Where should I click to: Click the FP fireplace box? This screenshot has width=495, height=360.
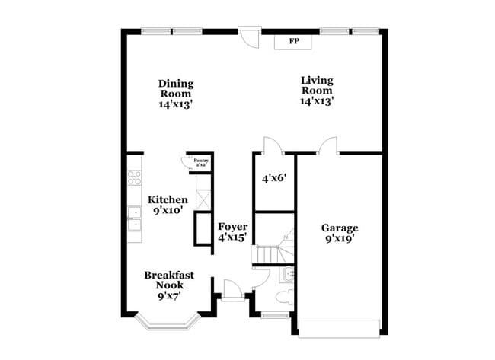pos(293,41)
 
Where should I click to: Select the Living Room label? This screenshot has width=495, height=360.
pos(318,90)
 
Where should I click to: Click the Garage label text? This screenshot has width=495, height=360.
pos(339,232)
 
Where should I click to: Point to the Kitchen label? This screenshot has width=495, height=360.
pos(168,204)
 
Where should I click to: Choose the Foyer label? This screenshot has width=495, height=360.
pos(232,232)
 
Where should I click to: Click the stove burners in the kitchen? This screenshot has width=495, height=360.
pos(135,179)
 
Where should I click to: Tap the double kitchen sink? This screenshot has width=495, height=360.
pos(135,218)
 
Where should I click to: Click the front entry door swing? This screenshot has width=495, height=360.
pos(232,290)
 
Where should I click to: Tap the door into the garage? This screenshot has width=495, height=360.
pos(328,145)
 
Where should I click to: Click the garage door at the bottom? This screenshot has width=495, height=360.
pos(338,328)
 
